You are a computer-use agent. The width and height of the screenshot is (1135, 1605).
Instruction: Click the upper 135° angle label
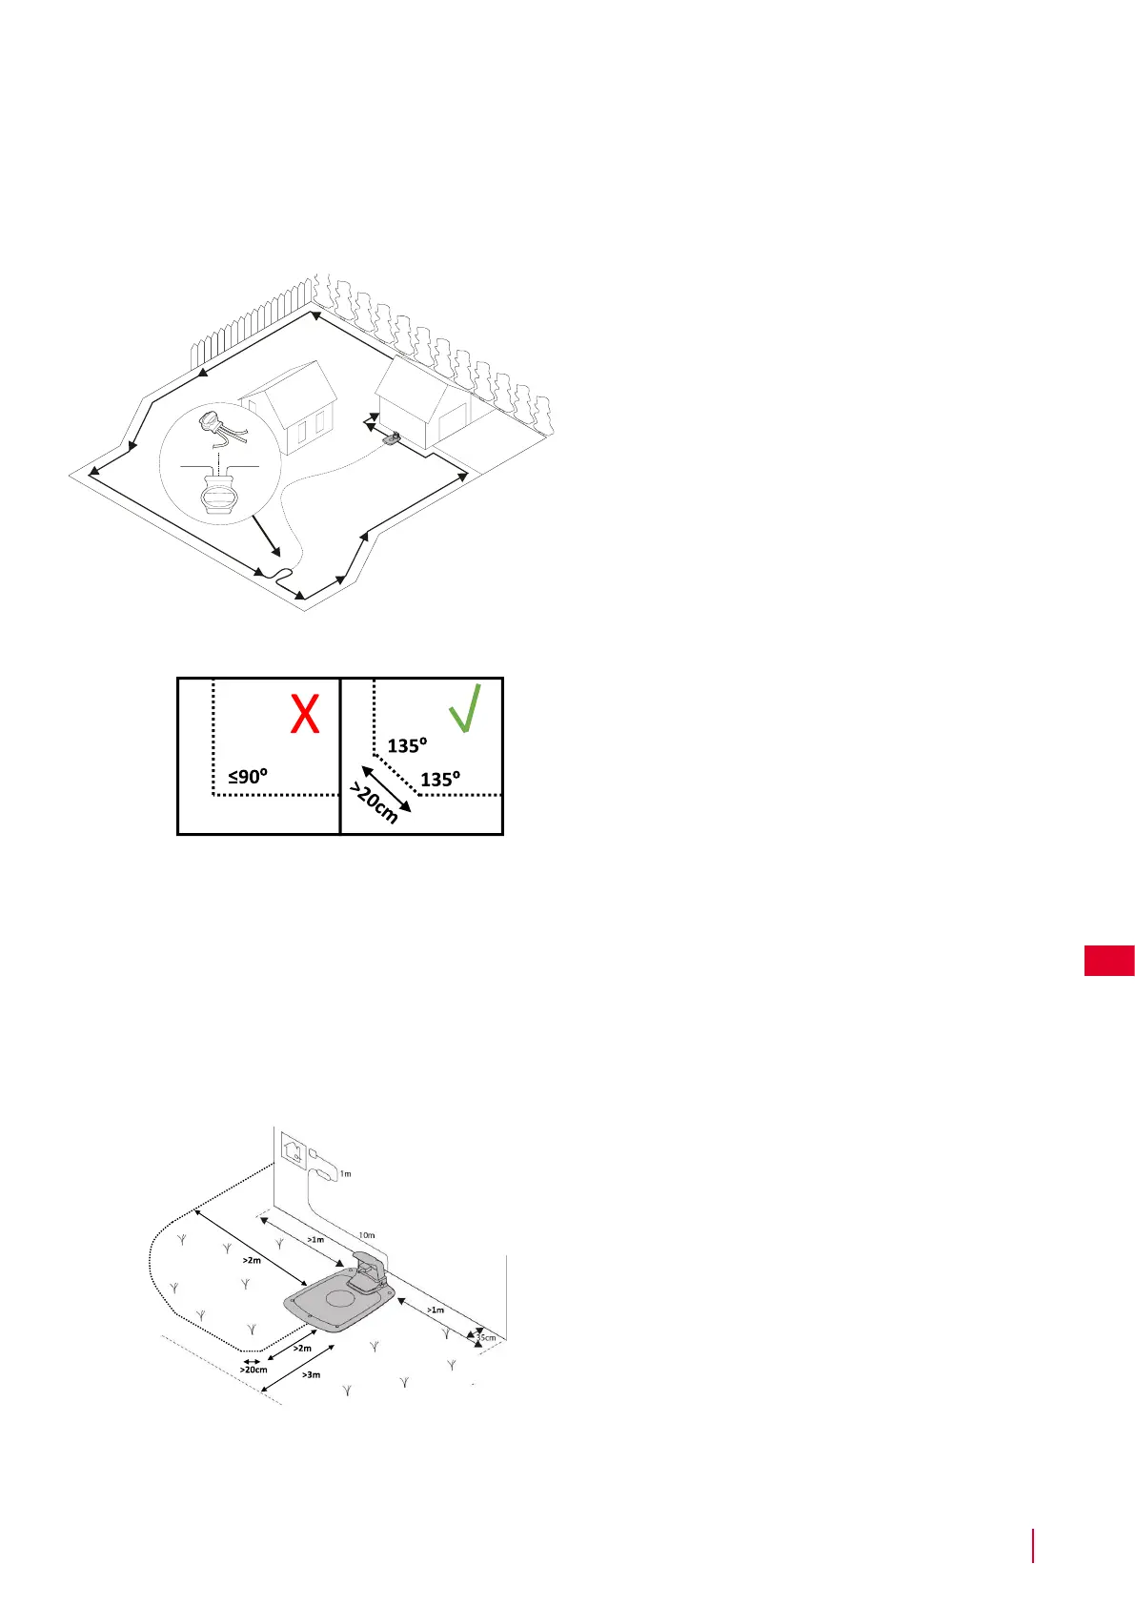click(x=407, y=745)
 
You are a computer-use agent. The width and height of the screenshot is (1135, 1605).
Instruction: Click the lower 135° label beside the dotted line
click(x=440, y=779)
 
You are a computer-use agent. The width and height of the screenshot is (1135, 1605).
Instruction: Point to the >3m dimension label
click(x=311, y=1374)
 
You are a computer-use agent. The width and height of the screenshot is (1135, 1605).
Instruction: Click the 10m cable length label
click(x=367, y=1235)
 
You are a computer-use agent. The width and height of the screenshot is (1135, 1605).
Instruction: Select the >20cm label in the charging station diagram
click(x=253, y=1370)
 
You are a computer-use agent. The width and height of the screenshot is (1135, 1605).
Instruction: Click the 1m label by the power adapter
click(x=346, y=1174)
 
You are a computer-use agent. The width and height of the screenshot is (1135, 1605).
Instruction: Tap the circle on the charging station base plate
click(x=339, y=1298)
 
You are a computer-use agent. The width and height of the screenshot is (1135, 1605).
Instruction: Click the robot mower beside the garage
click(x=391, y=438)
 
